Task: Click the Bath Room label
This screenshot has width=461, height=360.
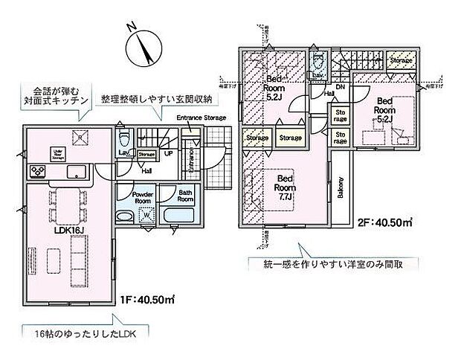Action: tap(185, 196)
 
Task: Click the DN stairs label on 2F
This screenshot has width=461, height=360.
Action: tap(340, 88)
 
